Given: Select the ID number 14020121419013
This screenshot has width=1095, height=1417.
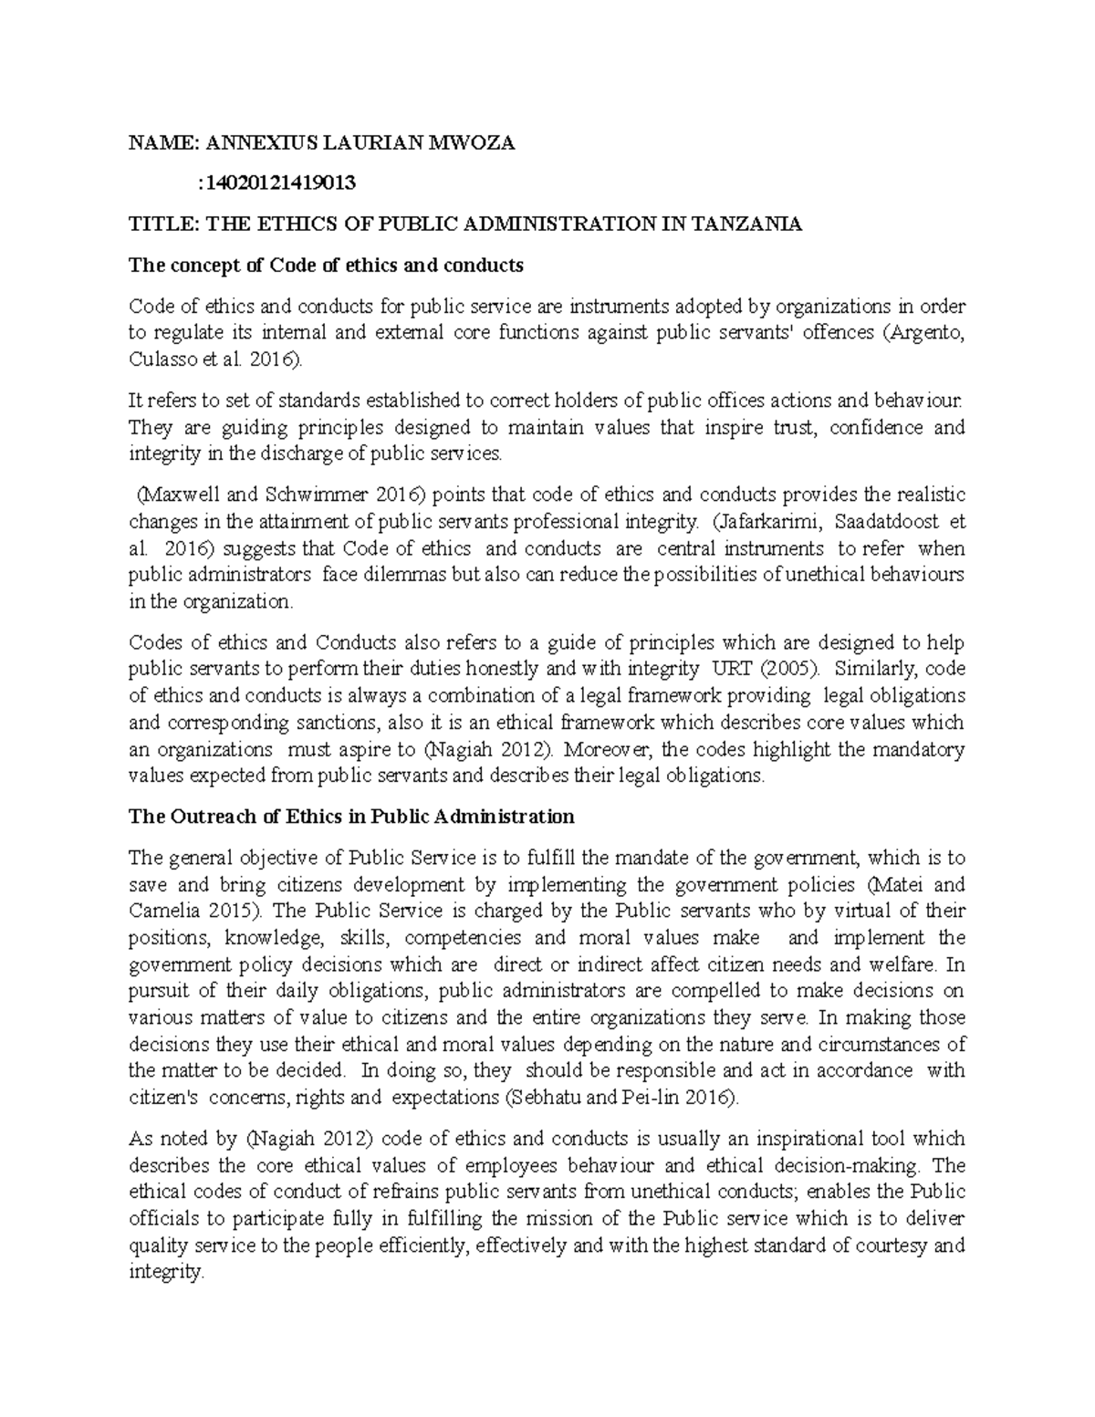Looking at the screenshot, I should point(278,182).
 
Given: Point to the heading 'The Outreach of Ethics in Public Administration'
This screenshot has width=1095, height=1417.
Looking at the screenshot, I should point(351,816).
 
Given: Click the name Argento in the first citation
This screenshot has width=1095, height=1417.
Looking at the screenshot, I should point(930,332).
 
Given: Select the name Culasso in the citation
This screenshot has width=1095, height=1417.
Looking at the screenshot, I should point(160,359).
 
